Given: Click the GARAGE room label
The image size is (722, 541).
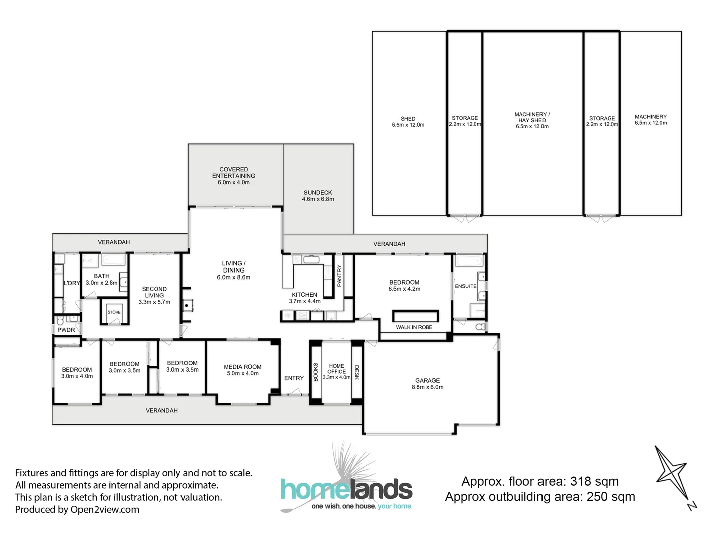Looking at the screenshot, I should pos(427,381).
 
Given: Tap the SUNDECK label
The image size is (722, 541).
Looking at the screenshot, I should pos(318,193).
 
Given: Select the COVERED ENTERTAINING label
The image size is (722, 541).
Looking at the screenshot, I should pos(234,173).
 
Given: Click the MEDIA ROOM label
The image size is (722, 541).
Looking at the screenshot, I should pos(242,367).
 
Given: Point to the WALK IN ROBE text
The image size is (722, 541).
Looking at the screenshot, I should pos(414,327).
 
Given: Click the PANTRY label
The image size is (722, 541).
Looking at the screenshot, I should pos(339,276).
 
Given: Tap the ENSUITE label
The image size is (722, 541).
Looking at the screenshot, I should pos(465,286).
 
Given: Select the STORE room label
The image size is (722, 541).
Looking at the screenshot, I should pos(114,312).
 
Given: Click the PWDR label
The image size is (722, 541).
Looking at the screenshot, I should pos(66,330).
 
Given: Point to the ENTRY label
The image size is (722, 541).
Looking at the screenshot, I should pos(294,378).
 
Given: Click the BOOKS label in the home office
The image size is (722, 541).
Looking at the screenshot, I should pos(316,372).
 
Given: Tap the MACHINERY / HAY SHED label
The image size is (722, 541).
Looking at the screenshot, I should pos(532,117).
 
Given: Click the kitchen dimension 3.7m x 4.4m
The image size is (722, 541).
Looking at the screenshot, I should pos(305,301).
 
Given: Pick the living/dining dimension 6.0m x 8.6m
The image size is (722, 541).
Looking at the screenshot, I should pos(234,277).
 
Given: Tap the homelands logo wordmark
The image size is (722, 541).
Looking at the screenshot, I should pos(346,489).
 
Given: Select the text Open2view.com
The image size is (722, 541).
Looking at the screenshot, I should pos(105,510).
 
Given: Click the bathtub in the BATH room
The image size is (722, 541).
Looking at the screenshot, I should pos(113,260).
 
